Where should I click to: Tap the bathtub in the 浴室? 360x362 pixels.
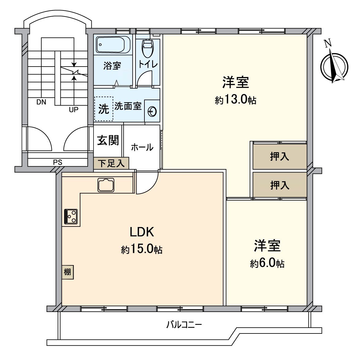[x=113, y=45]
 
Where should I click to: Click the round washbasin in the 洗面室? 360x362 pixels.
[x=152, y=111]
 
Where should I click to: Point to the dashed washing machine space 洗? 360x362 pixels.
[x=104, y=109]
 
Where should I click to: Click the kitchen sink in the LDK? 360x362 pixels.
[x=106, y=185]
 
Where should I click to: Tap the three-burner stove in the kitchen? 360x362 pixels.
[x=71, y=216]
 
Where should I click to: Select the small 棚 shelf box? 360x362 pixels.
[x=68, y=272]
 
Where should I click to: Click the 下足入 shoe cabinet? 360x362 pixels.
[x=111, y=163]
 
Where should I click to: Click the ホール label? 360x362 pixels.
[x=142, y=148]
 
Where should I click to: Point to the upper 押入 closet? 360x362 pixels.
[x=279, y=156]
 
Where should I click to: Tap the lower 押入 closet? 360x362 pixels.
[x=279, y=185]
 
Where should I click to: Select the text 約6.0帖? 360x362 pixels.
[x=267, y=263]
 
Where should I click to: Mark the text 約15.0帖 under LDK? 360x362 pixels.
[x=142, y=249]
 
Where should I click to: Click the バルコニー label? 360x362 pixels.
[x=184, y=325]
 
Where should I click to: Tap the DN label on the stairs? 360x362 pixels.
[x=41, y=102]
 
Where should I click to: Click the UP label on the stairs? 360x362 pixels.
[x=74, y=110]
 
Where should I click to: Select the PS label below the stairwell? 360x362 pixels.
[x=58, y=163]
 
